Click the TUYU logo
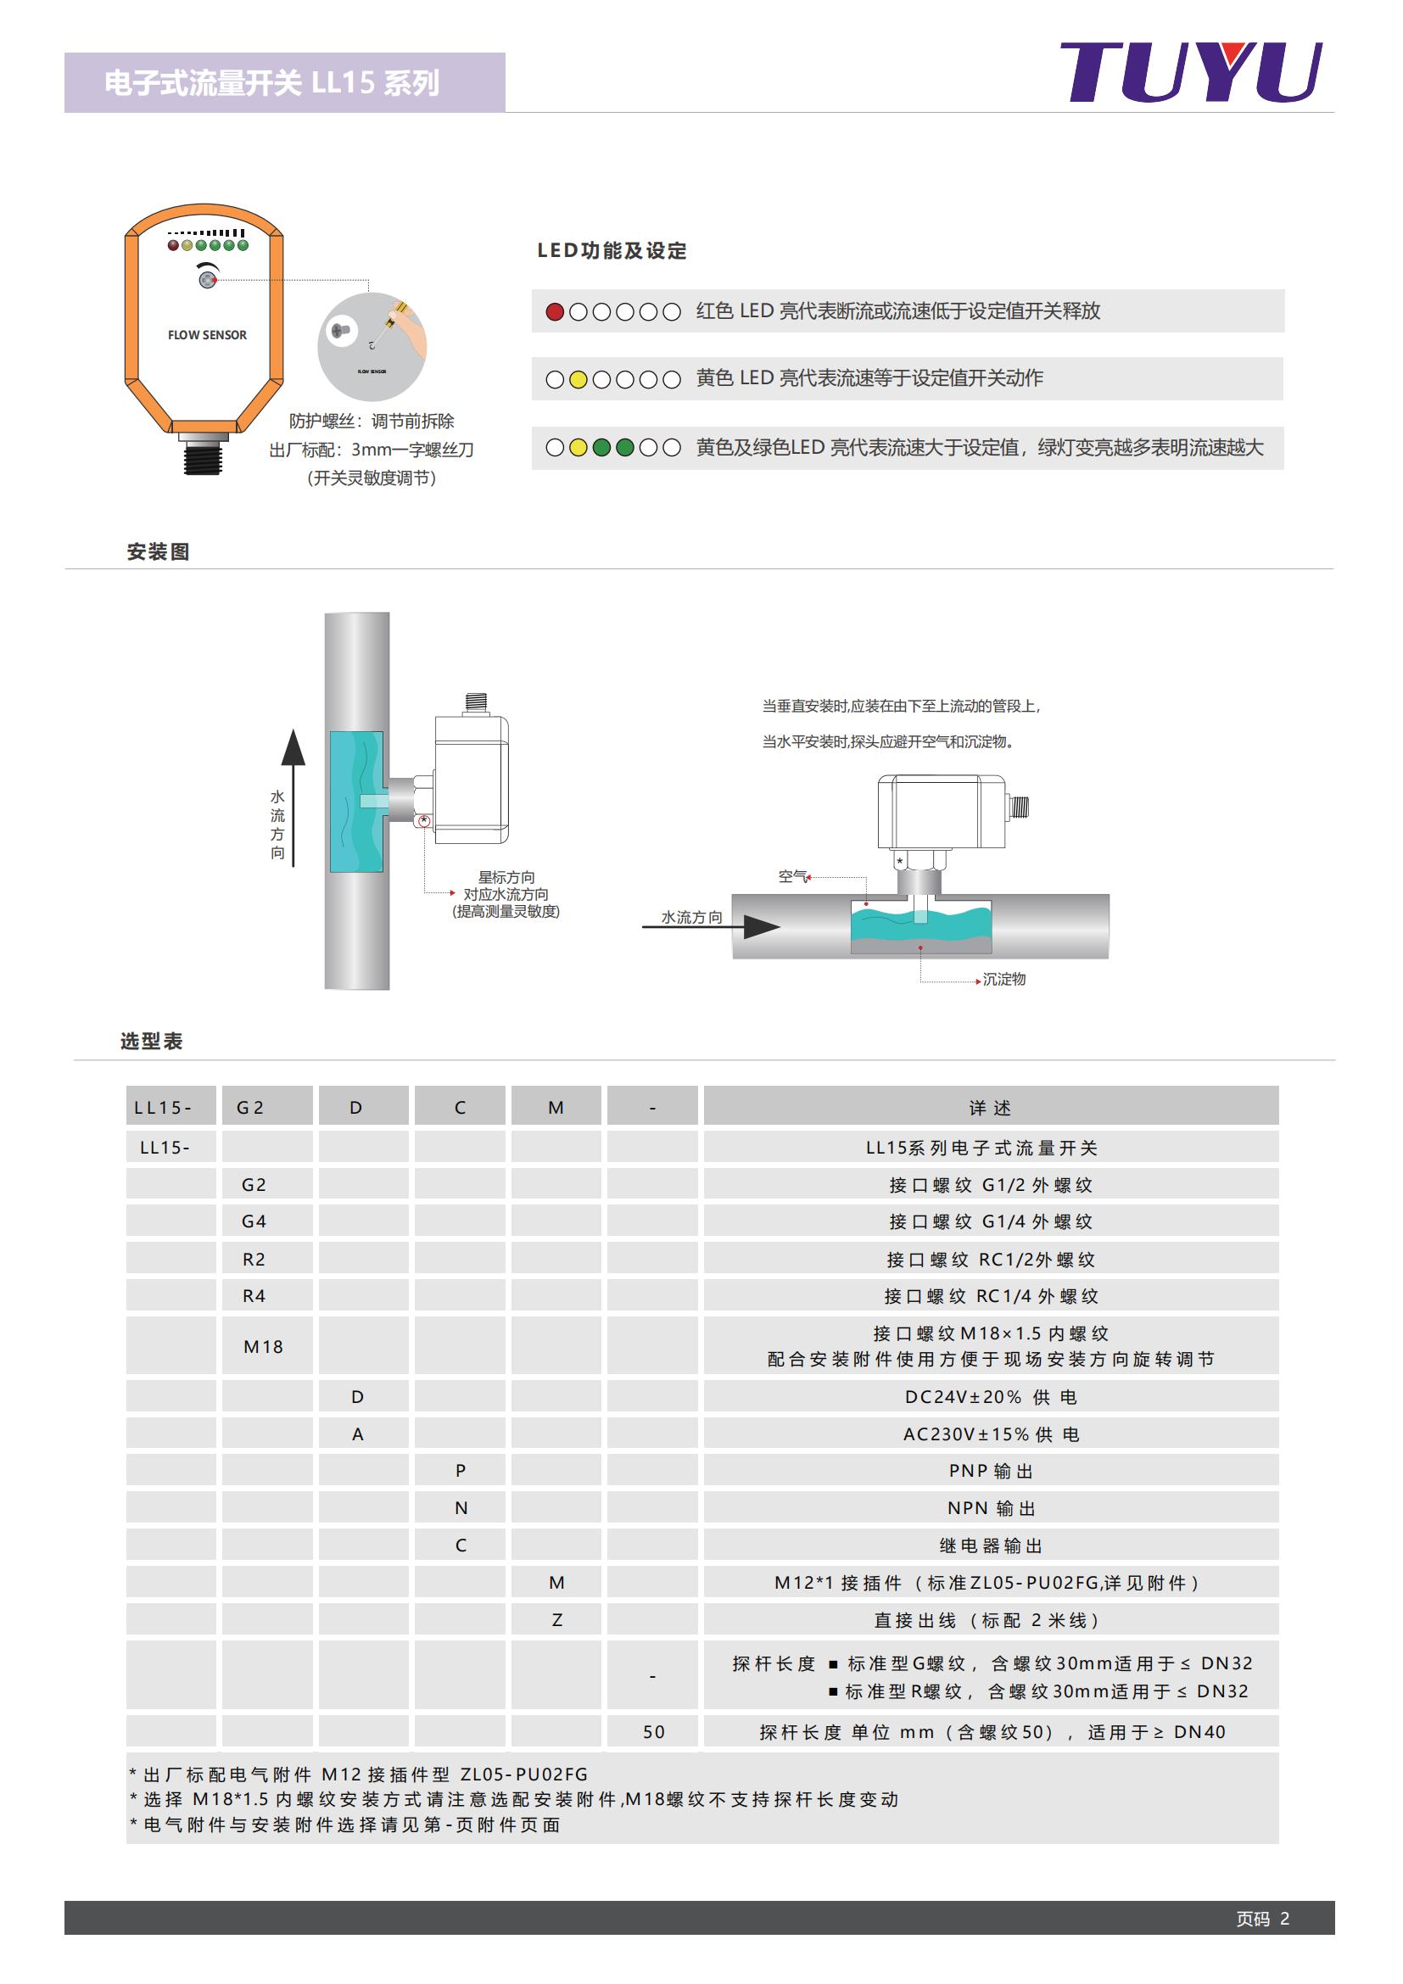click(1190, 73)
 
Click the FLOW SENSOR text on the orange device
click(207, 335)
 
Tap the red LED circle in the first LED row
click(555, 312)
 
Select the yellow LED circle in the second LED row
click(578, 379)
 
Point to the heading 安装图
click(158, 552)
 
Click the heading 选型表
click(151, 1042)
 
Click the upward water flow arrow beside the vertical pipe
click(293, 795)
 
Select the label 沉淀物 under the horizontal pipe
click(1003, 979)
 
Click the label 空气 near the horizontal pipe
click(791, 876)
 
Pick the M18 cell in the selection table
click(264, 1346)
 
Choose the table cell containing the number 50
click(654, 1732)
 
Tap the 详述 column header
click(990, 1108)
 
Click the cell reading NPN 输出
click(991, 1508)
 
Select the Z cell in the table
click(557, 1620)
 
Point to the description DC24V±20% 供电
click(990, 1397)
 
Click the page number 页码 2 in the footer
click(1262, 1919)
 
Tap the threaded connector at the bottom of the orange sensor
click(203, 454)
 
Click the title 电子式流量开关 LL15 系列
click(272, 83)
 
